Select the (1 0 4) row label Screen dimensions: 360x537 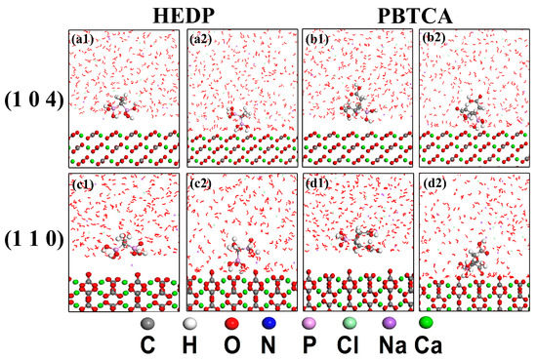coord(34,100)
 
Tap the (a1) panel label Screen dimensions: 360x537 coord(82,40)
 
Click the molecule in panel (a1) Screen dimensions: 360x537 coord(123,107)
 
